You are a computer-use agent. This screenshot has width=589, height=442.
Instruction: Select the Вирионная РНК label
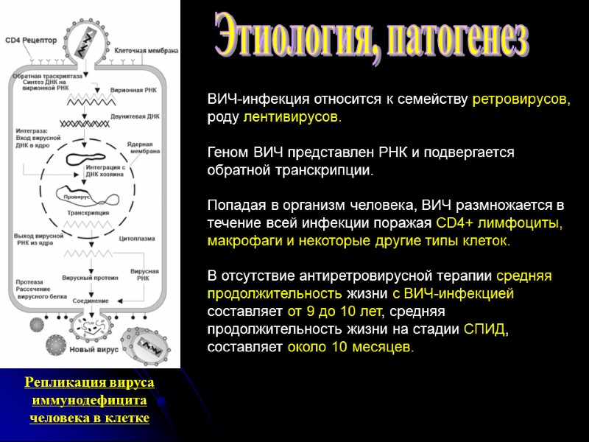(133, 90)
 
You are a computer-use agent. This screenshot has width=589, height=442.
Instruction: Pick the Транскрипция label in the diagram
(88, 212)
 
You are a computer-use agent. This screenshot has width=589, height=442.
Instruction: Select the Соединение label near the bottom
(91, 301)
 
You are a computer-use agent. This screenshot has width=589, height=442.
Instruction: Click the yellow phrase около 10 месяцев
(350, 347)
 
